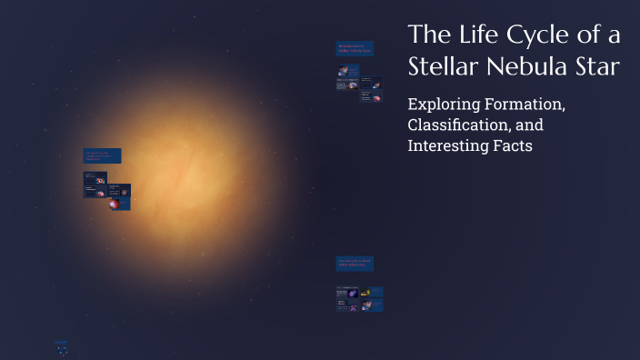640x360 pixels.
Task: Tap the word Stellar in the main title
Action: pos(442,67)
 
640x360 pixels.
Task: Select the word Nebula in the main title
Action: pos(525,67)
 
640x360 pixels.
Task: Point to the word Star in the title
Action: pos(595,67)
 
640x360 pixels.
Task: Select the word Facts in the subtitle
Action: pos(513,145)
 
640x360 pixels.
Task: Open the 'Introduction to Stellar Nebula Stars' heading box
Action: pos(355,48)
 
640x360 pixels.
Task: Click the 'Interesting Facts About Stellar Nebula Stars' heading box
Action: pos(355,263)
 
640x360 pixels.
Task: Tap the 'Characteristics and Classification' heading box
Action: pos(102,156)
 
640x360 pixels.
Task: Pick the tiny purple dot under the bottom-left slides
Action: pos(61,353)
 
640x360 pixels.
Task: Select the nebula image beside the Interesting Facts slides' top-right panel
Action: pos(365,293)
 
